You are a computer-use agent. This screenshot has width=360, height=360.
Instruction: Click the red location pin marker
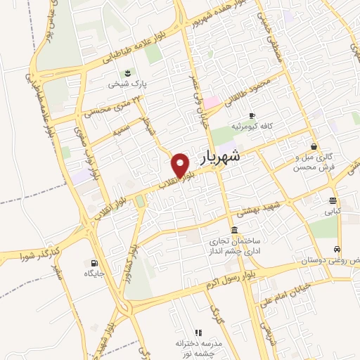pyautogui.click(x=181, y=165)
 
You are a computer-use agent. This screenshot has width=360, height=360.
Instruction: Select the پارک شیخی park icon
pyautogui.click(x=127, y=73)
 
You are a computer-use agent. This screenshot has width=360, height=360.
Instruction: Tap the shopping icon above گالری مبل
pyautogui.click(x=313, y=146)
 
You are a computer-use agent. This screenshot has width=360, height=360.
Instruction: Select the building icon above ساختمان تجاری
pyautogui.click(x=234, y=231)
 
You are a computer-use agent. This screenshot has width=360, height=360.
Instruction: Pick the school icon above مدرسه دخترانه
pyautogui.click(x=198, y=332)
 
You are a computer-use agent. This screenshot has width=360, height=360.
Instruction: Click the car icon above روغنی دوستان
pyautogui.click(x=338, y=250)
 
